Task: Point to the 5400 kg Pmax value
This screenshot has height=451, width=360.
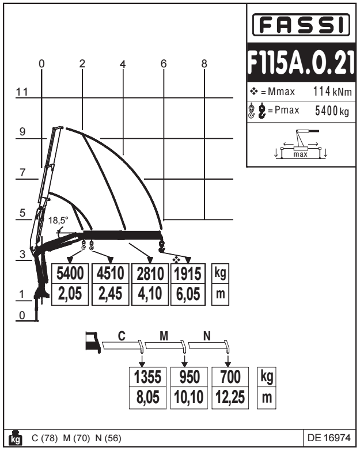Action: coord(331,111)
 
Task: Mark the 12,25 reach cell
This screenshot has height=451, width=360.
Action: coord(229,397)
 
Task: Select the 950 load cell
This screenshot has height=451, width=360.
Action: coord(189,377)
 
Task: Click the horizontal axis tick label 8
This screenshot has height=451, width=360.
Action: coord(204,63)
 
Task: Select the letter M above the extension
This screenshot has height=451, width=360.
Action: coord(163,336)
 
